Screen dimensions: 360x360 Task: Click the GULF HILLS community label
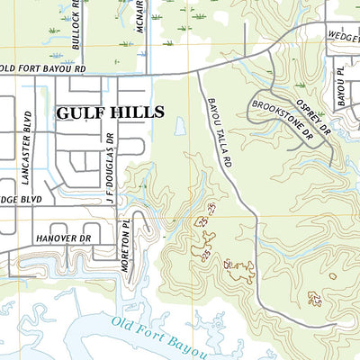[x=111, y=112]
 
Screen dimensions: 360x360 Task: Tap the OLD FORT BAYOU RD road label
[x=43, y=67]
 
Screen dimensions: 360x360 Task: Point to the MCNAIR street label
[x=140, y=17]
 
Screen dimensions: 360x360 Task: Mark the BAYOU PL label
[x=341, y=82]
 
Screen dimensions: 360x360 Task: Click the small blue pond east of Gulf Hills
[x=180, y=127]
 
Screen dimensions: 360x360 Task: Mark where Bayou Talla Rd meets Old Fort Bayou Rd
[x=197, y=71]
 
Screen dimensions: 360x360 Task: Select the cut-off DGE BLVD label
[x=21, y=199]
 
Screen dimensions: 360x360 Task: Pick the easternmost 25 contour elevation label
[x=314, y=298]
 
